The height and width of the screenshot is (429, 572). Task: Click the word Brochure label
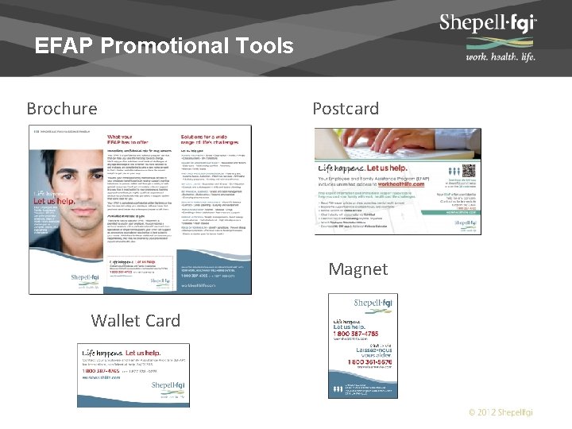(62, 108)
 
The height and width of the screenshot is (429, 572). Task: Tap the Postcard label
(346, 108)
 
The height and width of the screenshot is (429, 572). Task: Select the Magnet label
(358, 269)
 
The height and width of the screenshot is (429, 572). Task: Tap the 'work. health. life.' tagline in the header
(500, 57)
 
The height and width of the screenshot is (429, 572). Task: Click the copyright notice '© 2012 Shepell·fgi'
(500, 412)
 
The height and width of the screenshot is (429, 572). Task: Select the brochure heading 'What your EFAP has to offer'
(126, 141)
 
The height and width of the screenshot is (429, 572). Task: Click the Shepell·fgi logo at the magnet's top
(373, 303)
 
